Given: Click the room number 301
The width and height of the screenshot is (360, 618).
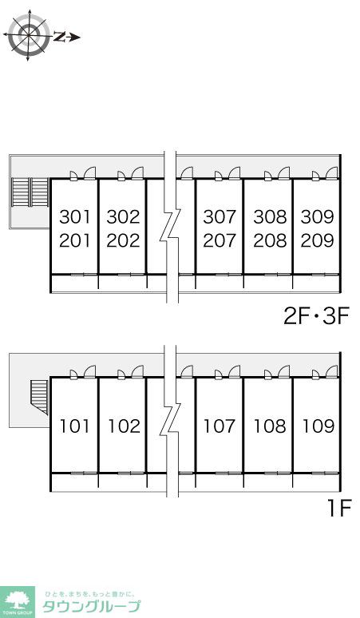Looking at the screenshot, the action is (x=75, y=216).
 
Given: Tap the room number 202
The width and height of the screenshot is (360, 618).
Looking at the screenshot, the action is (x=123, y=240).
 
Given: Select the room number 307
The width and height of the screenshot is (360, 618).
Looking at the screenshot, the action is (x=220, y=216).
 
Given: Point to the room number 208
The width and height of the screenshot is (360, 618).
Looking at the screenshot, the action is (x=270, y=240).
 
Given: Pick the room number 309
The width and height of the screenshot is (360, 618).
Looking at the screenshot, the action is (x=318, y=216).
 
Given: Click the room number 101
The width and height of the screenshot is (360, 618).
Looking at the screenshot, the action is (x=75, y=426).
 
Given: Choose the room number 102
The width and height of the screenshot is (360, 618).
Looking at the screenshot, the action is (x=124, y=426).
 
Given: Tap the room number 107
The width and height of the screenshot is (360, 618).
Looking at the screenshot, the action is (x=220, y=426).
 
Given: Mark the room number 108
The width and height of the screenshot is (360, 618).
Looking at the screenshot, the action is (x=270, y=426).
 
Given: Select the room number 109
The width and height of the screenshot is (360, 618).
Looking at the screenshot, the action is (x=318, y=426).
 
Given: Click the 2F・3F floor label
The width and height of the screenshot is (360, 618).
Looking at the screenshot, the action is (x=317, y=316).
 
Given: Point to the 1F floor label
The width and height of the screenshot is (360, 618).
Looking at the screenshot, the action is (x=339, y=509).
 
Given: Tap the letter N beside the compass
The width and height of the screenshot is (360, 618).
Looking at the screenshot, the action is (x=60, y=37).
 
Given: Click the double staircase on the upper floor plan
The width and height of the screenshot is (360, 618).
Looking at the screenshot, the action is (x=30, y=192).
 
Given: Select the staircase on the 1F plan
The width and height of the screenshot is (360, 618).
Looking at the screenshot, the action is (x=39, y=397).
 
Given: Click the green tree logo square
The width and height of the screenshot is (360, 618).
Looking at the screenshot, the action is (x=18, y=602).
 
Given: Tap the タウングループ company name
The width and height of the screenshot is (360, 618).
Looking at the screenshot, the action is (x=91, y=606).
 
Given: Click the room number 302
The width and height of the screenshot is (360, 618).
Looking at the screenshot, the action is (x=123, y=216).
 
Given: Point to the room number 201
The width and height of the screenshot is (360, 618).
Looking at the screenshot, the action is (x=75, y=240).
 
